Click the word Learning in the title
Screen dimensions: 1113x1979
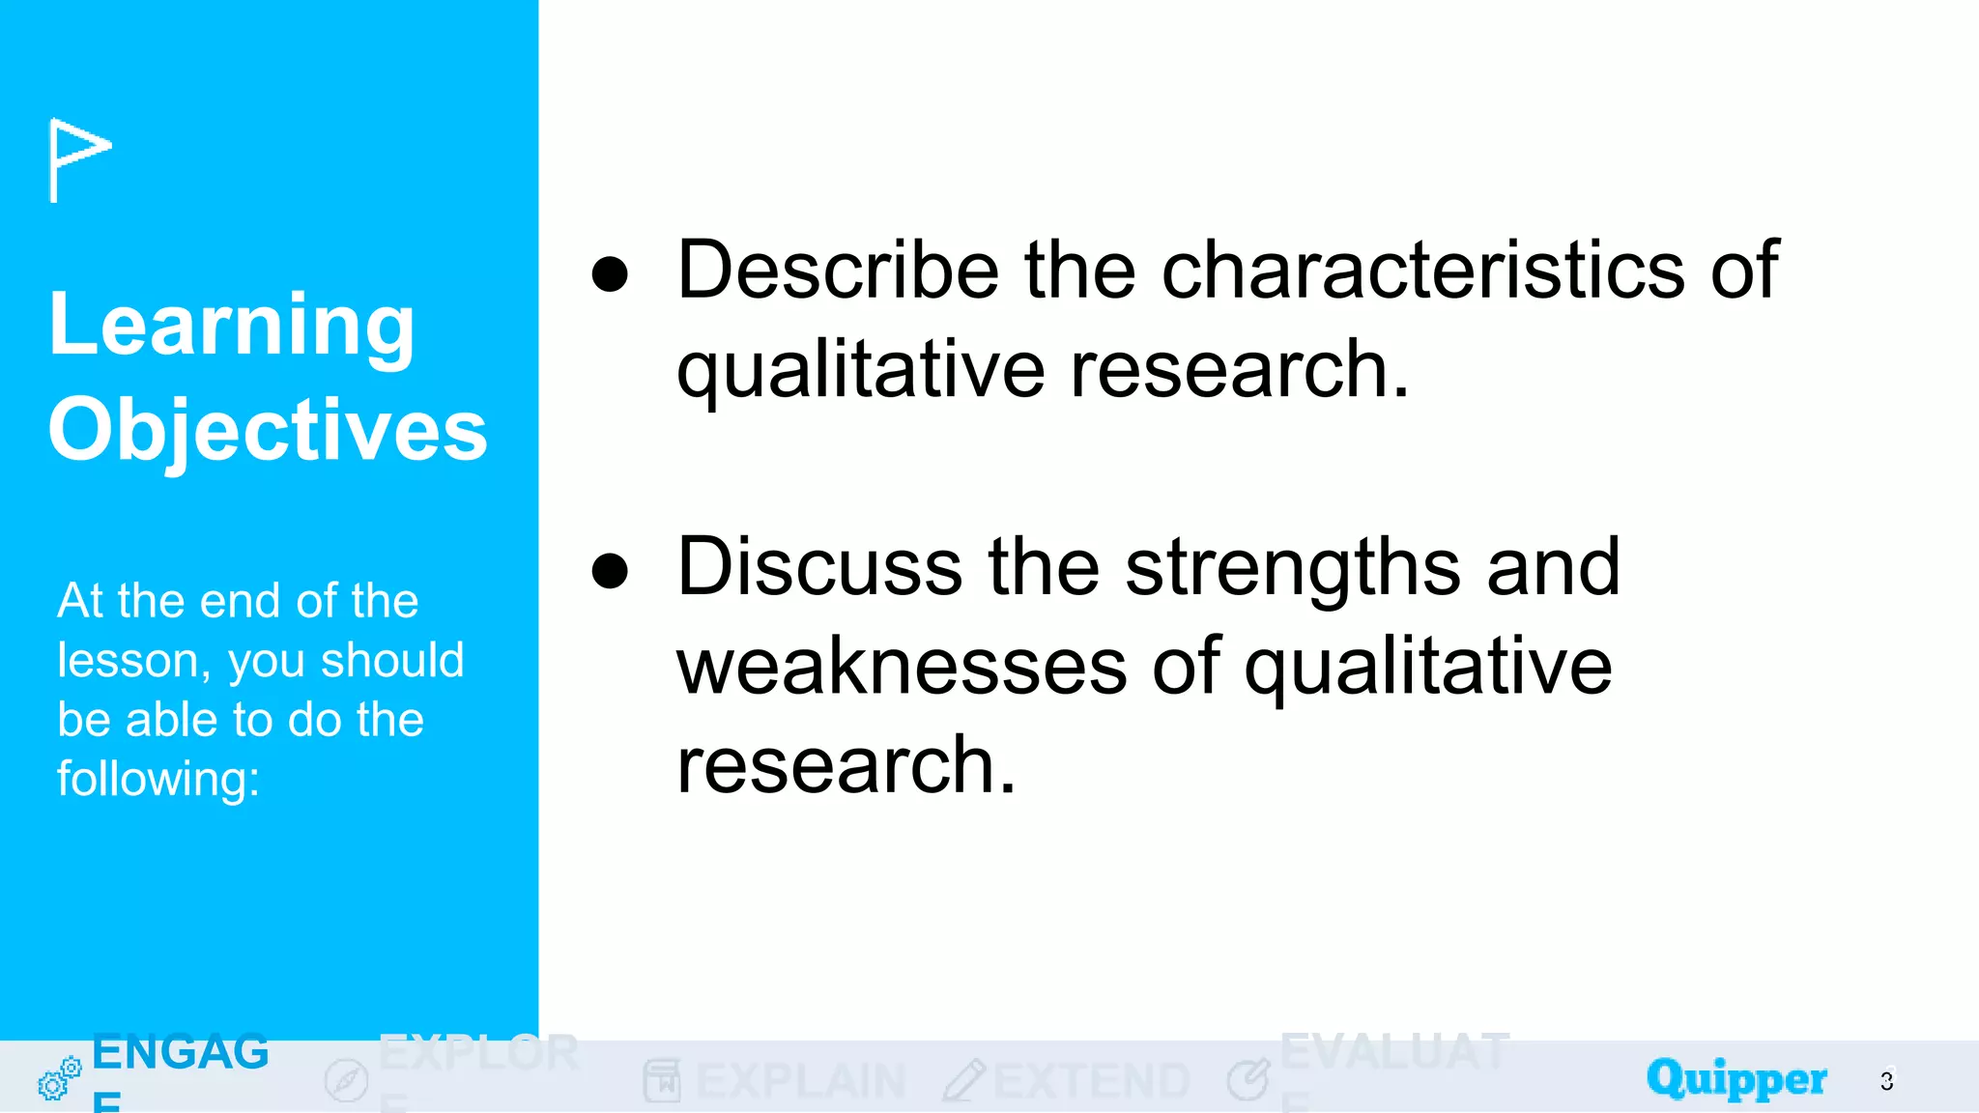coord(232,326)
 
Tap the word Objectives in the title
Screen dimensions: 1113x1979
coord(268,430)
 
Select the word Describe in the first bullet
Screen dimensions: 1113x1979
coord(838,270)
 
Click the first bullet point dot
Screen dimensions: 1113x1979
coord(610,273)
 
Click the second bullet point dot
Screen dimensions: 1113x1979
coord(610,570)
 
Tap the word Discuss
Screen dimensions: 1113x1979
coord(819,567)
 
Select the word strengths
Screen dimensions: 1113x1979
coord(1293,567)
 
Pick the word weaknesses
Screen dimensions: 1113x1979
coord(902,667)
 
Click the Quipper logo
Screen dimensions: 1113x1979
coord(1736,1079)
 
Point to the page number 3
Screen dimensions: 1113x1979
coord(1886,1081)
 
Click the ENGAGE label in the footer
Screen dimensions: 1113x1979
coord(180,1053)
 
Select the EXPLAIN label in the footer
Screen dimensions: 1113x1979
coord(800,1081)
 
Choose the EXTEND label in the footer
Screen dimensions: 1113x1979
coord(1091,1081)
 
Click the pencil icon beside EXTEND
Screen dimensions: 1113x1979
coord(963,1080)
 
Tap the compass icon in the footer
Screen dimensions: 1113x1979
coord(346,1080)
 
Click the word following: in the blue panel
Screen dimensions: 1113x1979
coord(158,779)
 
